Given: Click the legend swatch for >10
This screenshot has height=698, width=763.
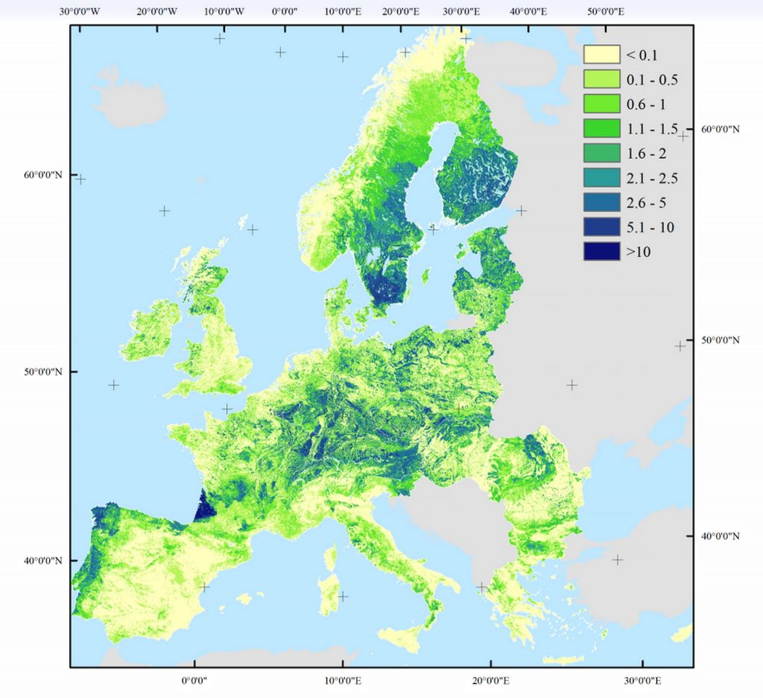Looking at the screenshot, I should [x=602, y=251].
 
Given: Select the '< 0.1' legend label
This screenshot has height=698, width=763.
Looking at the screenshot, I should [x=642, y=54].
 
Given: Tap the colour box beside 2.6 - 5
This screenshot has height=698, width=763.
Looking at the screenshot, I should [x=602, y=202].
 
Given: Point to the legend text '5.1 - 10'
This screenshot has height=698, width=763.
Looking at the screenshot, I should [x=650, y=227].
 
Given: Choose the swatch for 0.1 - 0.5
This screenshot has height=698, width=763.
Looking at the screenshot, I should [x=602, y=79].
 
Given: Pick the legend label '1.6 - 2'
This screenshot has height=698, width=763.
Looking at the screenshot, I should [x=645, y=153].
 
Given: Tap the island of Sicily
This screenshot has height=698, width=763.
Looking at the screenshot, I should [x=406, y=636].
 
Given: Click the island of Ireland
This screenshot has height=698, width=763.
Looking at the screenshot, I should [x=151, y=332].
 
